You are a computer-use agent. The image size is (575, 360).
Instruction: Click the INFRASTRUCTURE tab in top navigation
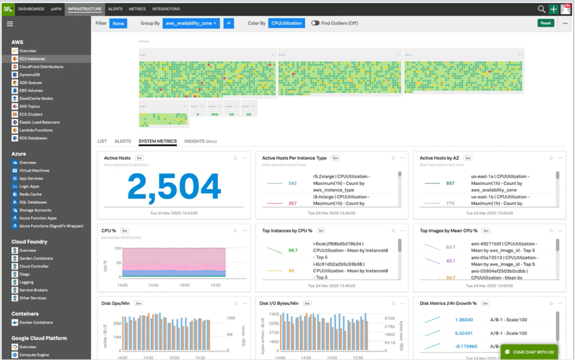(x=84, y=9)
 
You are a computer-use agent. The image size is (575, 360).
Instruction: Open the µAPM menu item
(x=56, y=9)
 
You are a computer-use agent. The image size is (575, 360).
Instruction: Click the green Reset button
(x=545, y=23)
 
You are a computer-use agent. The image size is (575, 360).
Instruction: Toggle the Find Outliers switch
(x=316, y=23)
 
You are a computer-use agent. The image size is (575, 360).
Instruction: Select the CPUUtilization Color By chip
(x=286, y=23)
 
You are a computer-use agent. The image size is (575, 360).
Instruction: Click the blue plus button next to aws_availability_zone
(x=229, y=23)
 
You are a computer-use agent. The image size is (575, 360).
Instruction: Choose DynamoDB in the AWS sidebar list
(x=30, y=75)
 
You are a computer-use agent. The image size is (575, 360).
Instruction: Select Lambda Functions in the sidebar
(x=36, y=130)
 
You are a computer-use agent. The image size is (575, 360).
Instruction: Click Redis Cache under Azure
(x=31, y=194)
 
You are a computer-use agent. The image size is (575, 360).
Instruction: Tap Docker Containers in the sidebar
(x=36, y=322)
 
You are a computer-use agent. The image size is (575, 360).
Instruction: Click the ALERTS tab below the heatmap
(x=122, y=142)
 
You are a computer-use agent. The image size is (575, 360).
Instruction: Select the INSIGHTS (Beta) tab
(x=200, y=142)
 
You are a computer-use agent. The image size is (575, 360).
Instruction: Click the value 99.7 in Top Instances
(x=293, y=250)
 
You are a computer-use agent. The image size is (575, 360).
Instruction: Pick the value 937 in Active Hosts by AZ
(x=450, y=183)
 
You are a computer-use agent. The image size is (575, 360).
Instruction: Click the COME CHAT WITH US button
(x=529, y=352)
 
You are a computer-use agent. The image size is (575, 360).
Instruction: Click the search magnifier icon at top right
(x=541, y=9)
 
